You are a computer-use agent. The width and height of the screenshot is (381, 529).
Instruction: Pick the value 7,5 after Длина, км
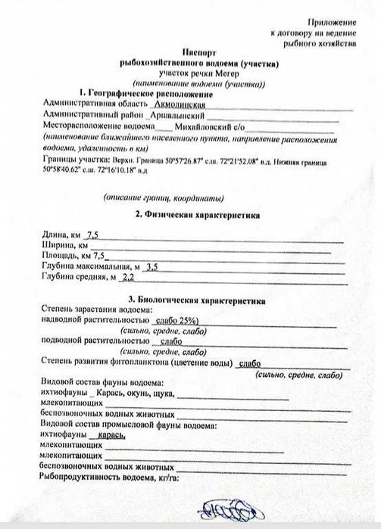[95, 236]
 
